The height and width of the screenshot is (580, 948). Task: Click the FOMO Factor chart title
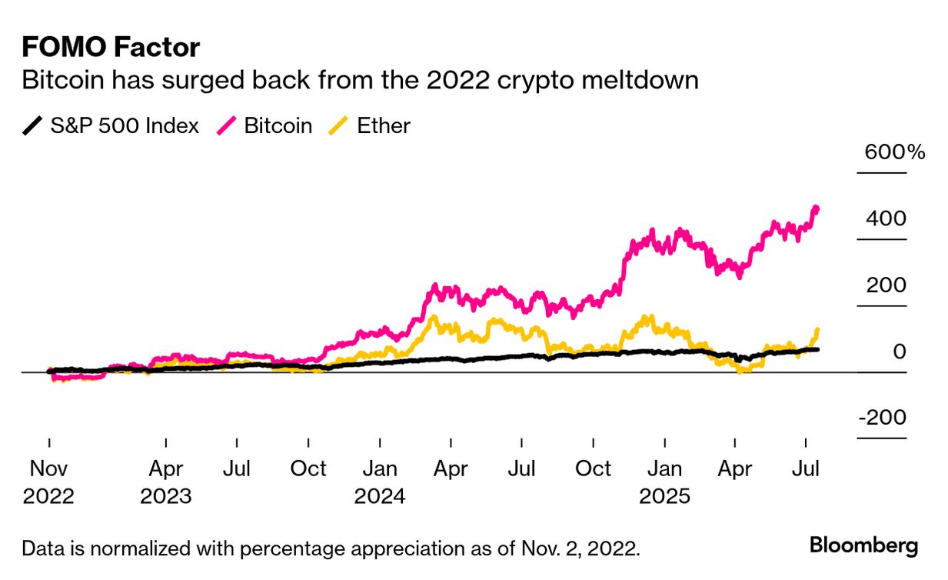coord(111,48)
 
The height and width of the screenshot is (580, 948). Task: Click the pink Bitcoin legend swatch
coord(228,125)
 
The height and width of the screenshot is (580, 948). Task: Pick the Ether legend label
coord(384,125)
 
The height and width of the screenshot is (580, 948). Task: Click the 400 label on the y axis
coord(886,218)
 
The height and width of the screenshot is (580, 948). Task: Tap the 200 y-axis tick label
coord(886,285)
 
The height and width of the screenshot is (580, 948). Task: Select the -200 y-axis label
coord(882,418)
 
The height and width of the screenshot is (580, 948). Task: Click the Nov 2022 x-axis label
coord(48,482)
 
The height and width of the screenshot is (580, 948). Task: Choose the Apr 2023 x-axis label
coord(165,482)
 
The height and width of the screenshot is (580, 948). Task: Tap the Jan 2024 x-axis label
coord(379,482)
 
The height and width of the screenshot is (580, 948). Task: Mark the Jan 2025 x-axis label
coord(664,482)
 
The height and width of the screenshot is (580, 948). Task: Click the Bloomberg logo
coord(863,546)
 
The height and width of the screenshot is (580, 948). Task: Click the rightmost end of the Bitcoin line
coord(816,208)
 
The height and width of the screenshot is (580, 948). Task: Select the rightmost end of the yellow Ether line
coord(817,330)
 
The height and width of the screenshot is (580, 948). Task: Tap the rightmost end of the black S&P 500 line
coord(817,349)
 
